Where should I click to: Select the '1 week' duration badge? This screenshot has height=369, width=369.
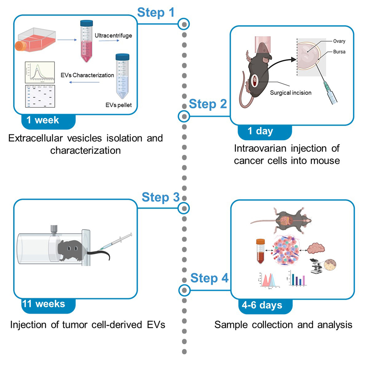[43, 120]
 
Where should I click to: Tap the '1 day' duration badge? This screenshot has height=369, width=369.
[261, 131]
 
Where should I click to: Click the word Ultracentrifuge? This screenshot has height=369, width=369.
[113, 36]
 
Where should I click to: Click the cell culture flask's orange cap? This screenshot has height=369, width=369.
[20, 46]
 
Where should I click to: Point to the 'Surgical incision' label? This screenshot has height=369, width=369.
[290, 93]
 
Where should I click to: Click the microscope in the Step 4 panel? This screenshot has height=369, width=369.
[316, 265]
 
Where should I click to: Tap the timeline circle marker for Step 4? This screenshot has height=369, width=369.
[184, 289]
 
